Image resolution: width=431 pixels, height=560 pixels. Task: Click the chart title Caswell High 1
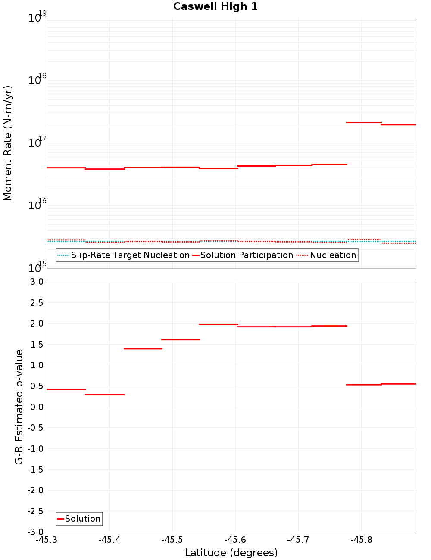215,6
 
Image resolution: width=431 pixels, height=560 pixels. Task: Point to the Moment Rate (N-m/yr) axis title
8,143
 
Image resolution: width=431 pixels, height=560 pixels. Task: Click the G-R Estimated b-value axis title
19,407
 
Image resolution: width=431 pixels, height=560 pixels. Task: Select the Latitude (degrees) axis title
231,553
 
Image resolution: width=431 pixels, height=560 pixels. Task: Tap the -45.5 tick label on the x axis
172,540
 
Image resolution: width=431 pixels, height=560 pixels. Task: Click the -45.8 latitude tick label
361,540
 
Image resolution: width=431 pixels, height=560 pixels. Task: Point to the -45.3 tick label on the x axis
47,540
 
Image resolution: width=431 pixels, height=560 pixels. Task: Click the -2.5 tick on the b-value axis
34,511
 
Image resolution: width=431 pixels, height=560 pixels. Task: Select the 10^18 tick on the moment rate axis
37,79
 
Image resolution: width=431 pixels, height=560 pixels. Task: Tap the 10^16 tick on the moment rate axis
37,205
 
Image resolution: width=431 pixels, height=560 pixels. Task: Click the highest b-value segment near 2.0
219,324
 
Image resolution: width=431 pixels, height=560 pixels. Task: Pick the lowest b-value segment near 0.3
105,395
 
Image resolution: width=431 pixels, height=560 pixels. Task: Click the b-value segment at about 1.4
143,348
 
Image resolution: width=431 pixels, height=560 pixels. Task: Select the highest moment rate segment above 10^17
364,122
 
